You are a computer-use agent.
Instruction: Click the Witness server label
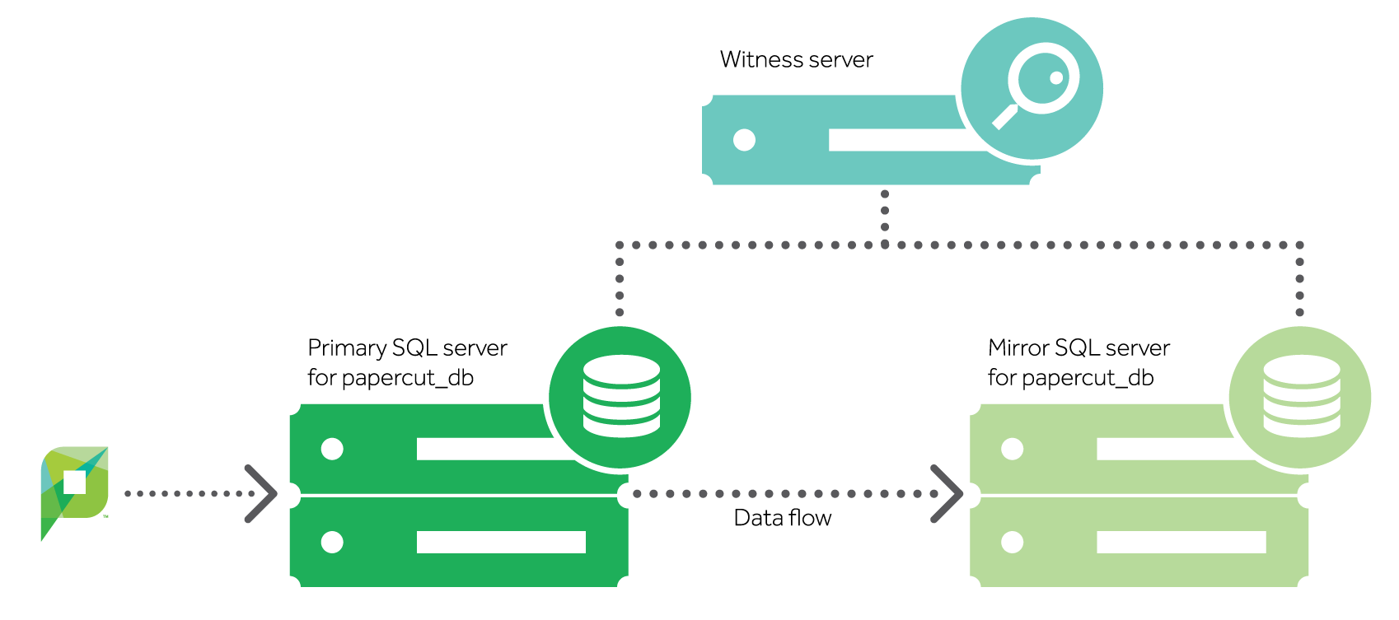click(x=796, y=60)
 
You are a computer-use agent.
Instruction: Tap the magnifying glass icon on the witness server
click(x=1032, y=88)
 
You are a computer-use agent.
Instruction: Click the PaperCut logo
click(x=74, y=490)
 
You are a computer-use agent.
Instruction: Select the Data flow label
click(x=782, y=518)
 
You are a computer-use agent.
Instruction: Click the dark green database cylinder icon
click(x=620, y=396)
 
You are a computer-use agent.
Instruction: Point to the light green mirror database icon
click(x=1300, y=396)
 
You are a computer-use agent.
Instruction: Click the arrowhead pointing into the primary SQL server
click(x=262, y=494)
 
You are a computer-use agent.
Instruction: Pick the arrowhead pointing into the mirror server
click(x=947, y=494)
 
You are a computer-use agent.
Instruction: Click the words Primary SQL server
click(x=407, y=348)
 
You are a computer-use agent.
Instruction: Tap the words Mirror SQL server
click(x=1078, y=348)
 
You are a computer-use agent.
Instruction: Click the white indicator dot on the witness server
click(x=744, y=140)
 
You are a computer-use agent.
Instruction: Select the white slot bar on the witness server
click(x=898, y=140)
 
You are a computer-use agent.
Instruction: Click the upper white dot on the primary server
click(x=332, y=449)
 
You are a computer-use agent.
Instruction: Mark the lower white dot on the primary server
click(x=332, y=542)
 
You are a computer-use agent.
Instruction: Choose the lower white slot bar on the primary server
click(x=501, y=542)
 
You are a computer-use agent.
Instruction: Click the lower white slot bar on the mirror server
click(x=1181, y=542)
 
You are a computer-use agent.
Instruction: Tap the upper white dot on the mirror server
click(x=1012, y=449)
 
